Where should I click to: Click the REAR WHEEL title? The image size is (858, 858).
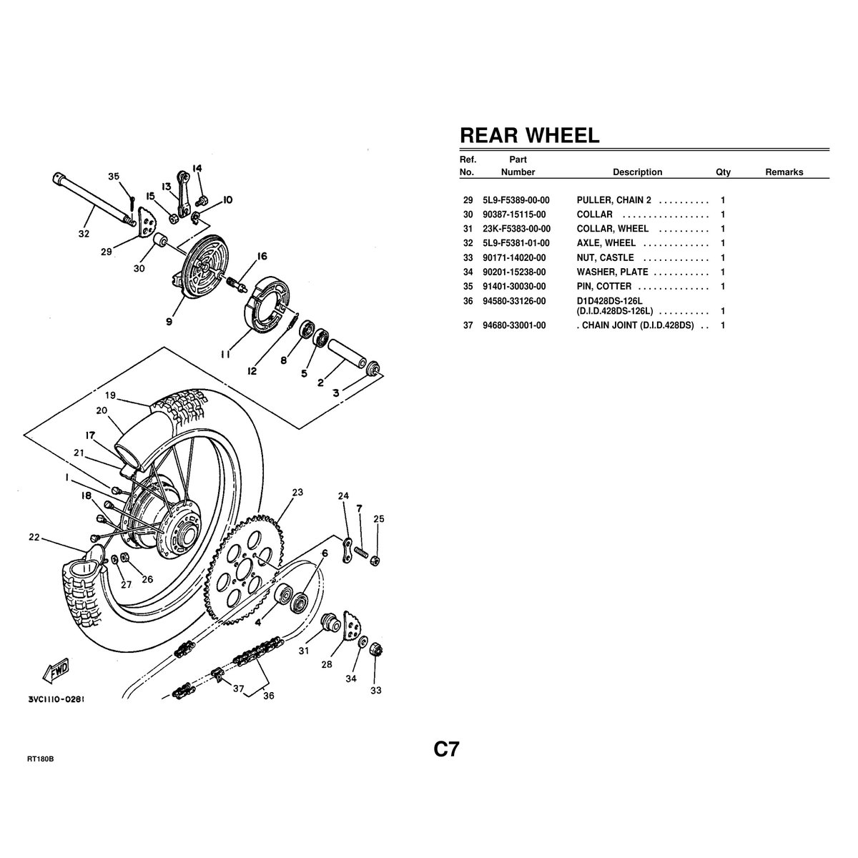click(529, 135)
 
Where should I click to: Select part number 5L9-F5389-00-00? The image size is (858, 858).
click(516, 200)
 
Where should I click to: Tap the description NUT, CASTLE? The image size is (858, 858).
click(605, 258)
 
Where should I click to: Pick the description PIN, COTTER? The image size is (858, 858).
click(603, 286)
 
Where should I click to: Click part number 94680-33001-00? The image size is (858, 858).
click(514, 325)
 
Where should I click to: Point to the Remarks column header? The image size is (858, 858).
click(784, 172)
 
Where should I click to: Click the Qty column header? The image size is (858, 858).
click(723, 172)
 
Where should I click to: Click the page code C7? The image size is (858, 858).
click(446, 749)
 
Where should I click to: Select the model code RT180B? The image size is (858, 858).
click(41, 759)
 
